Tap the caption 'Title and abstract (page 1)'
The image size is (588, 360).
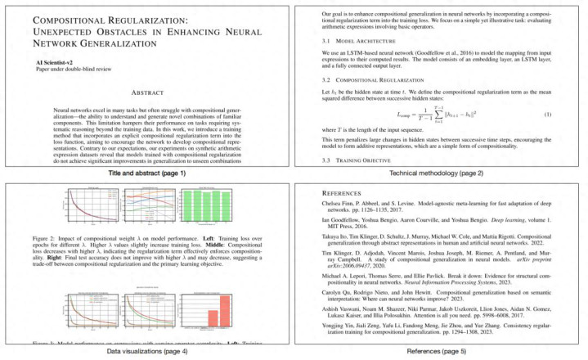(x=147, y=173)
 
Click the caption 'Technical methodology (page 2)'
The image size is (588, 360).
(x=440, y=173)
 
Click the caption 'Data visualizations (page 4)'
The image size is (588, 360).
(x=147, y=350)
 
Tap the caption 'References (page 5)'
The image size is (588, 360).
(x=440, y=350)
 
